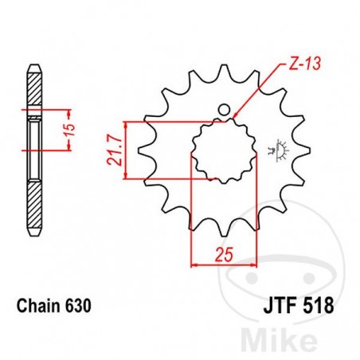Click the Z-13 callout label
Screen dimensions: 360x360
pos(301,64)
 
